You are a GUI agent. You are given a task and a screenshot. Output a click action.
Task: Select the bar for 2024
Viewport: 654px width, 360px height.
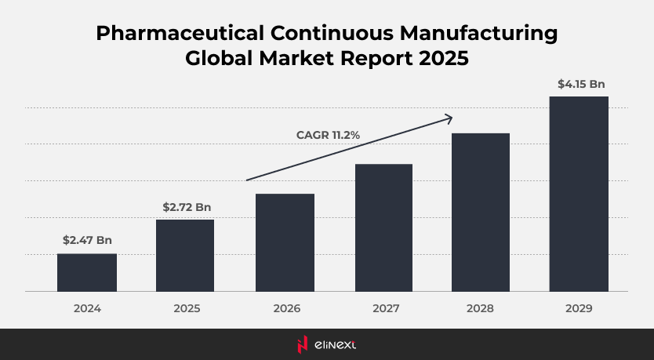87,272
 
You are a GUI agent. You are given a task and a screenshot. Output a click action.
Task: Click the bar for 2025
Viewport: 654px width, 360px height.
185,255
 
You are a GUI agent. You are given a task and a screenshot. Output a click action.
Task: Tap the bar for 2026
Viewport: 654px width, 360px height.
285,242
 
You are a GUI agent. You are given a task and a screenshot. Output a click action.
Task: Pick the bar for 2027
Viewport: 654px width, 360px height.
383,227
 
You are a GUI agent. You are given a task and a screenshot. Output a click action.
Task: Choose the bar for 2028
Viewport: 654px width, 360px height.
481,212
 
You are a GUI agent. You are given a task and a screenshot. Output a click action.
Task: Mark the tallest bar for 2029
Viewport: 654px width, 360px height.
579,194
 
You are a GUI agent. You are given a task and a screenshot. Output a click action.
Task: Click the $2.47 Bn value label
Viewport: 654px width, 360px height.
87,240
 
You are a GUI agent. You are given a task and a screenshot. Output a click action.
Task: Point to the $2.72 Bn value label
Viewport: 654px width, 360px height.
187,207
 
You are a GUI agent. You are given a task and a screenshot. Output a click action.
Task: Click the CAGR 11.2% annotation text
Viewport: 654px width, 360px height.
328,135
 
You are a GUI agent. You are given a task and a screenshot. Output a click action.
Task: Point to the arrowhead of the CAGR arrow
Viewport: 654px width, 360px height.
449,118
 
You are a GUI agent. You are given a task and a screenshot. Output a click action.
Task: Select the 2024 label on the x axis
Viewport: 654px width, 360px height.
87,309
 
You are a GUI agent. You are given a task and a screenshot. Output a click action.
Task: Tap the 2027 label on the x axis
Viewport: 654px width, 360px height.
383,309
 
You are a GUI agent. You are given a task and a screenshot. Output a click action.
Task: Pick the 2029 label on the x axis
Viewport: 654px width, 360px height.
579,309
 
